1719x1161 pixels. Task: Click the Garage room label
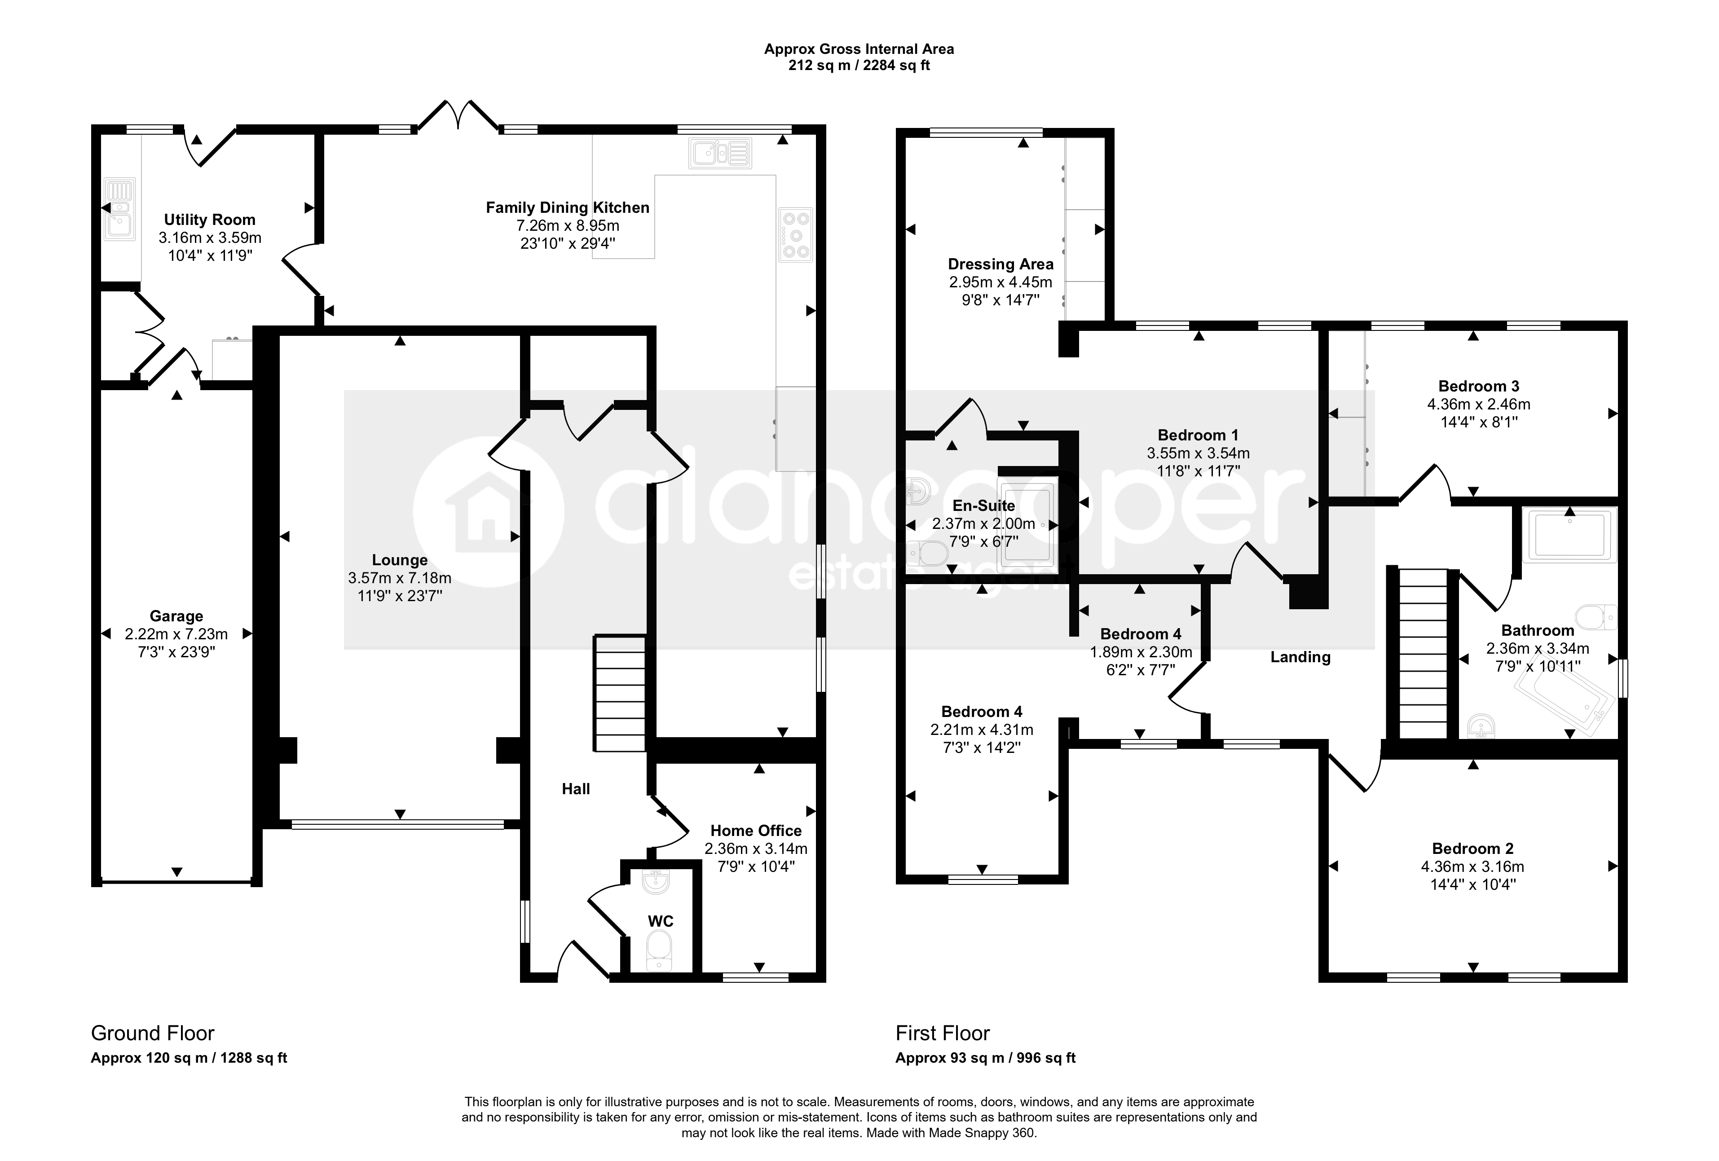coord(176,616)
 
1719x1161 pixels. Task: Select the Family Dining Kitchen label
coord(567,208)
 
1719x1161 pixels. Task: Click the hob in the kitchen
coord(796,236)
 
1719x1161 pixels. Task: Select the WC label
coord(661,921)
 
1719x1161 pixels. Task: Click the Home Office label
coord(756,831)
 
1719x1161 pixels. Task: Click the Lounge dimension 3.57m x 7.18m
coord(399,578)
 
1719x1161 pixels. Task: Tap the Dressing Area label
coord(1001,264)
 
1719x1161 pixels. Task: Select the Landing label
coord(1300,657)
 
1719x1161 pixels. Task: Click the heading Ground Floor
coord(152,1033)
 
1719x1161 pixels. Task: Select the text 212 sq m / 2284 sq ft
coord(859,66)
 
